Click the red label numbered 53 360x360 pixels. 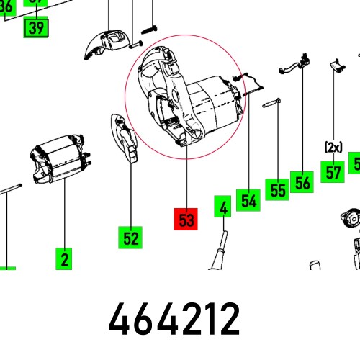(x=186, y=220)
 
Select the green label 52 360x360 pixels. (x=130, y=237)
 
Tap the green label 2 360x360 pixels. (x=64, y=258)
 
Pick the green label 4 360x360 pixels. (x=224, y=208)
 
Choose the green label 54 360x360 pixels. (x=248, y=201)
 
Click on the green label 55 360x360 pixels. (x=276, y=189)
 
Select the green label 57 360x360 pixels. (x=333, y=173)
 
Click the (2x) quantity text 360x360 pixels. (x=333, y=147)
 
